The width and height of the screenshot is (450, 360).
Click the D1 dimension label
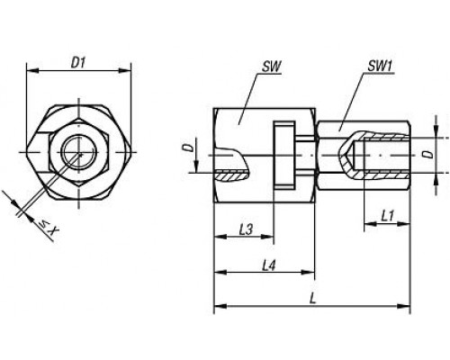(x=78, y=63)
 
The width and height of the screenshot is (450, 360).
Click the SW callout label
(x=272, y=67)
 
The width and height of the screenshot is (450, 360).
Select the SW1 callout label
(x=381, y=67)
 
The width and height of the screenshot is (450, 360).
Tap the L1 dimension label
(x=387, y=216)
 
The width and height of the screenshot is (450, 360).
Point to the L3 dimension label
(x=247, y=229)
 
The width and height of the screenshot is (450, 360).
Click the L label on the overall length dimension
(x=312, y=299)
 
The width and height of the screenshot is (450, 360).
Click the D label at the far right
(x=429, y=154)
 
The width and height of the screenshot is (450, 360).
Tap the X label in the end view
(x=54, y=230)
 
